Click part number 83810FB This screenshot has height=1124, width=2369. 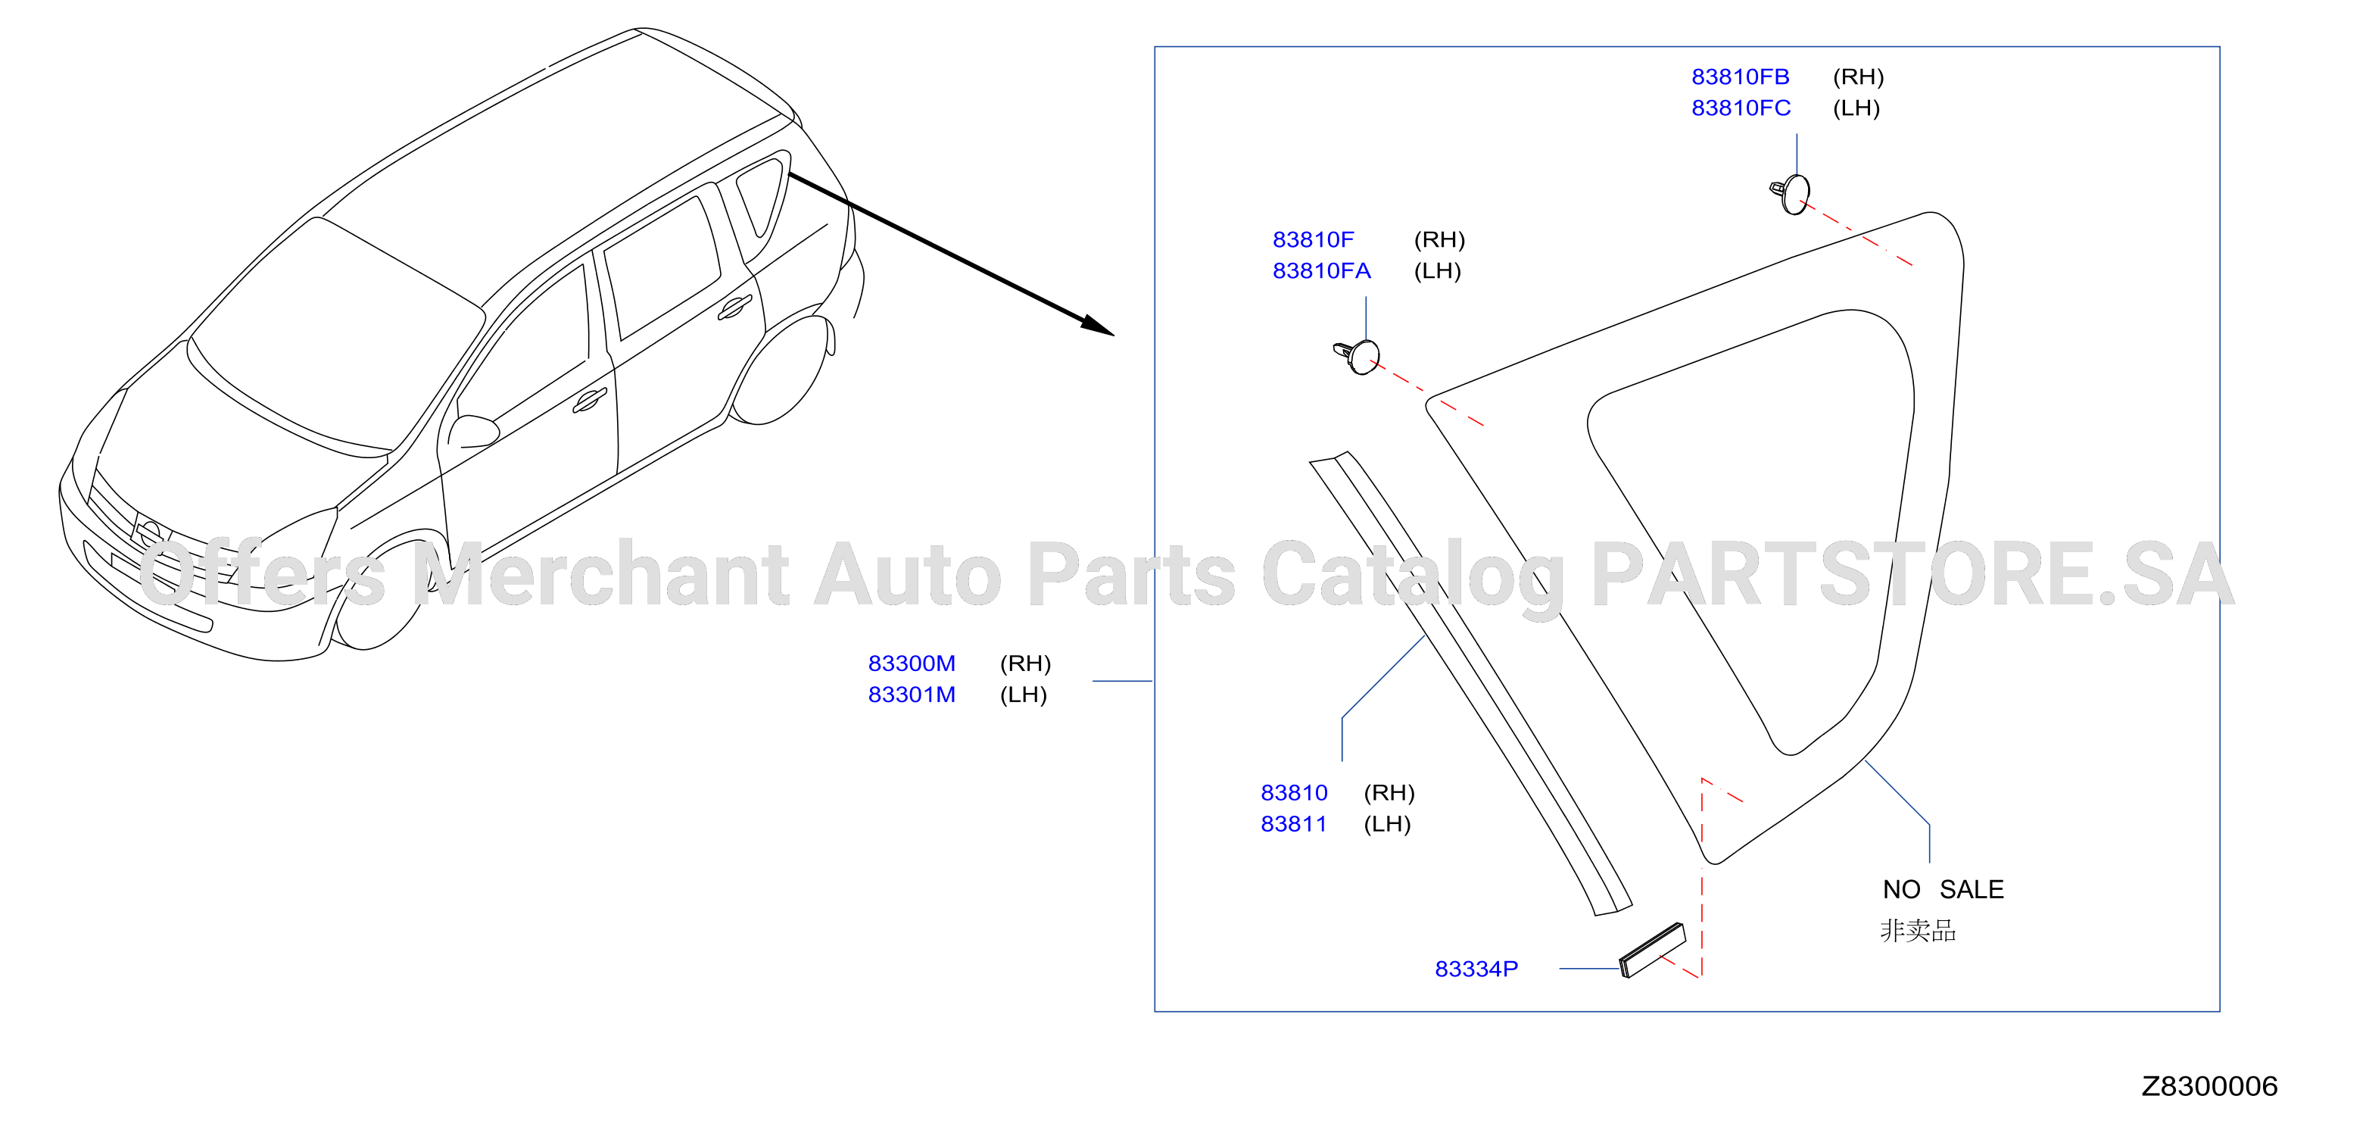(1740, 76)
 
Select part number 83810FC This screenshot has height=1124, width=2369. (1741, 108)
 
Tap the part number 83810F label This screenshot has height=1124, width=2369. (1314, 239)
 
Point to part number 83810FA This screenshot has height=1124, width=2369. (1321, 270)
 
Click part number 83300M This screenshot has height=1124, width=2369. (912, 663)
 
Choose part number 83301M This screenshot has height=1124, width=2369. (912, 695)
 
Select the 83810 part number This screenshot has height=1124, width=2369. (1294, 792)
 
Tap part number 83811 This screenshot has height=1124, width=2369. (1293, 823)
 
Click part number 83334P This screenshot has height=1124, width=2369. (1476, 969)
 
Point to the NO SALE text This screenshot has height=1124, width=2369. (1944, 889)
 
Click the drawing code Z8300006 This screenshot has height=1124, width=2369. (2209, 1086)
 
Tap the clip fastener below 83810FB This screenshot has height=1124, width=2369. (1791, 193)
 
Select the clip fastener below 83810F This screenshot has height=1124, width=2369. (1357, 356)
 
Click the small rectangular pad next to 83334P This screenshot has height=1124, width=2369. (1653, 950)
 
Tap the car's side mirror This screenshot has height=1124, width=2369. (472, 432)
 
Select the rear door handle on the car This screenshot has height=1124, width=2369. (735, 308)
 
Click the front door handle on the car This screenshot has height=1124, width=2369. (590, 400)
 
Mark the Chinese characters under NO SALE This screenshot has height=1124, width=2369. (1918, 931)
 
